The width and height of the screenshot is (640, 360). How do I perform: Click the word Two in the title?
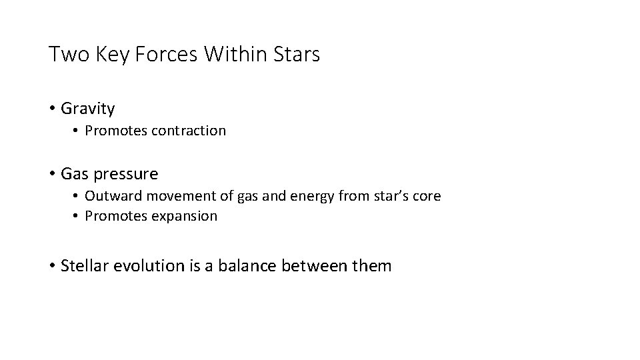tap(65, 55)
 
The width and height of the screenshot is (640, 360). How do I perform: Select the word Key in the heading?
tap(103, 55)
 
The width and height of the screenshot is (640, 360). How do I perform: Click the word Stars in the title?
tap(297, 55)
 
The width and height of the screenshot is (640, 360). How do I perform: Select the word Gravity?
tap(87, 109)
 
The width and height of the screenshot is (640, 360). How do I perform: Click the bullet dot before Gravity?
tap(52, 108)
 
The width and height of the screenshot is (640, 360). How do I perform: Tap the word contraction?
tap(189, 131)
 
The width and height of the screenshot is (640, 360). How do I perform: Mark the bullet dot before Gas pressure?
tap(52, 175)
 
